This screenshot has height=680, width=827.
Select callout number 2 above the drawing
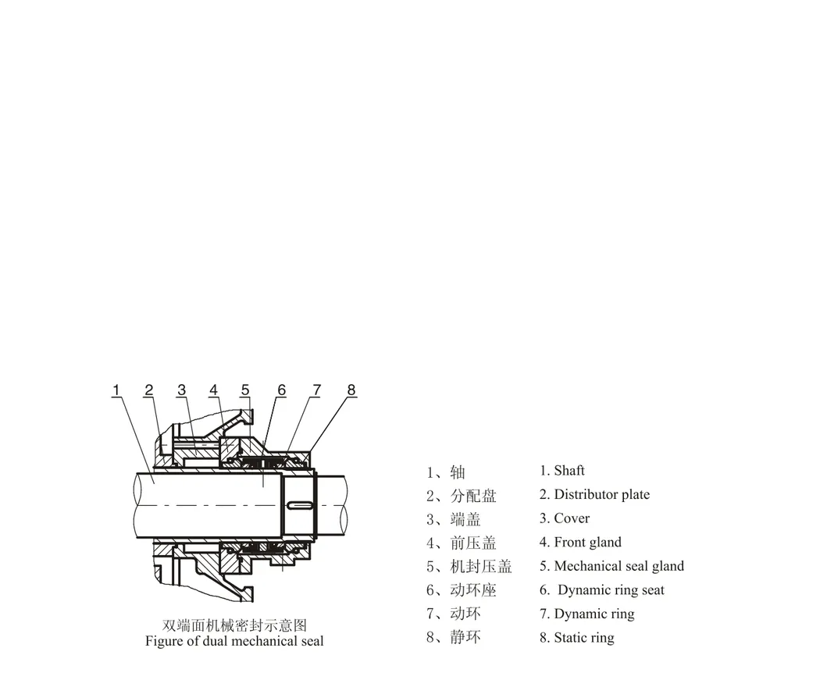click(x=148, y=390)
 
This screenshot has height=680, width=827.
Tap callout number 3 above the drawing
click(x=181, y=390)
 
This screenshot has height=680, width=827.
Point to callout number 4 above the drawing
click(x=213, y=390)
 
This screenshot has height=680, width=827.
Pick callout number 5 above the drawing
click(x=245, y=390)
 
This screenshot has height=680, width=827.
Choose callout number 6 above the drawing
click(x=281, y=390)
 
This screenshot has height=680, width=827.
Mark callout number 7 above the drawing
click(x=316, y=390)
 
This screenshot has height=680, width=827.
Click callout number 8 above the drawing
click(x=351, y=390)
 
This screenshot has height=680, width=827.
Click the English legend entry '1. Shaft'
click(x=561, y=471)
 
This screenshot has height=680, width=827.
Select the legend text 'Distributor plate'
click(x=601, y=495)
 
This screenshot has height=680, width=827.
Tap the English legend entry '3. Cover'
click(x=565, y=518)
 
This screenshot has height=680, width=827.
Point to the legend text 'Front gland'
click(x=587, y=543)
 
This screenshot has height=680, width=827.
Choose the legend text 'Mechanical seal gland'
click(x=618, y=566)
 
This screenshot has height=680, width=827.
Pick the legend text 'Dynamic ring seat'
click(x=611, y=590)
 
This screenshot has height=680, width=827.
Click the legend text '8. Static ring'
click(x=576, y=638)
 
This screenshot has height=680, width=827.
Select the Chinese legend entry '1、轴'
click(x=446, y=472)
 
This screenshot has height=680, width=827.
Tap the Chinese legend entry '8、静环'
click(x=454, y=638)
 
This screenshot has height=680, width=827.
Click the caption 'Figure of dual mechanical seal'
click(x=234, y=642)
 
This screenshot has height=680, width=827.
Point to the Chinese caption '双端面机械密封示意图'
click(x=234, y=625)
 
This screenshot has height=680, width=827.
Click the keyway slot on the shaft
click(x=300, y=505)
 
